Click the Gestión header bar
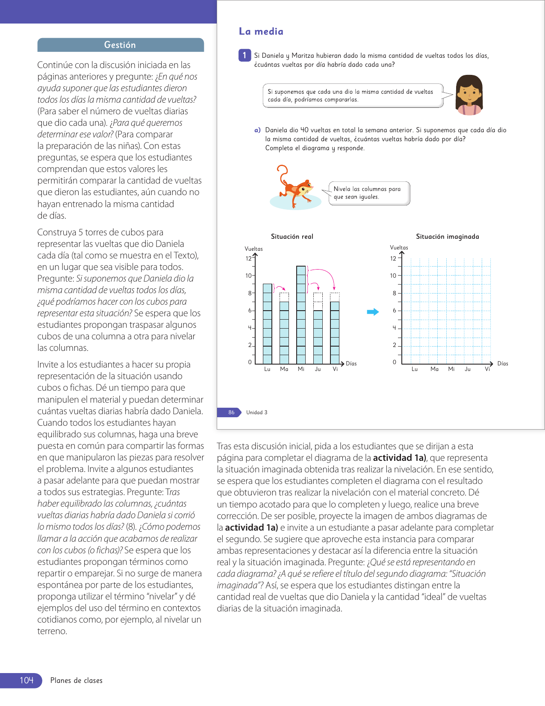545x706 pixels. [x=120, y=45]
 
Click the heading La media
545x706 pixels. [x=261, y=31]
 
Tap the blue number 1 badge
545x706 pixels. [x=245, y=55]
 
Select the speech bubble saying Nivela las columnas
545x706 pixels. [x=368, y=193]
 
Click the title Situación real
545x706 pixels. [x=292, y=237]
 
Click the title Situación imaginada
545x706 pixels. [x=447, y=237]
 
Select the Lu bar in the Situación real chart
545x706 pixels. [x=267, y=324]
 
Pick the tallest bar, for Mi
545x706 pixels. [x=301, y=315]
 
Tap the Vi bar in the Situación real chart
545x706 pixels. [x=335, y=333]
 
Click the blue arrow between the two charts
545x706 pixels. [x=373, y=312]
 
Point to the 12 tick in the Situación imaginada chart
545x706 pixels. [x=393, y=258]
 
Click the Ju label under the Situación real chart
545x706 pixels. [x=318, y=369]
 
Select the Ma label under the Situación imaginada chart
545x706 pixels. [x=434, y=369]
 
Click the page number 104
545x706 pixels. [x=26, y=680]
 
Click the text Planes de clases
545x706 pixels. [x=77, y=680]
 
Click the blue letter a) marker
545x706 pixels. [x=257, y=130]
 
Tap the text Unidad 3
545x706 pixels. [x=256, y=412]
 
